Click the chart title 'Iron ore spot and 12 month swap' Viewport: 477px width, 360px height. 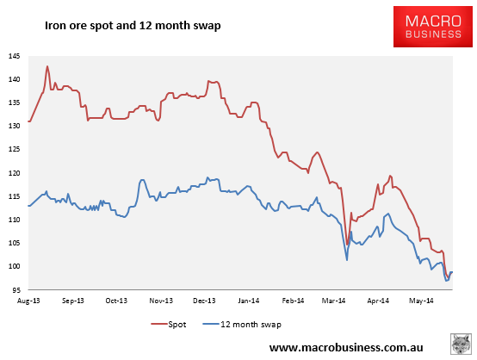pyautogui.click(x=133, y=26)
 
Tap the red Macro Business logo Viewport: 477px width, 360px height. pyautogui.click(x=432, y=27)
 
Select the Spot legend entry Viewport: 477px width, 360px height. pyautogui.click(x=169, y=325)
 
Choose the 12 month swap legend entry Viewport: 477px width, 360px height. pyautogui.click(x=242, y=325)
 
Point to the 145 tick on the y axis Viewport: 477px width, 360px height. pyautogui.click(x=14, y=56)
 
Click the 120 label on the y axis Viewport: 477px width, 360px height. pyautogui.click(x=14, y=173)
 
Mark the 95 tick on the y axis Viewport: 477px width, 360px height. pyautogui.click(x=16, y=290)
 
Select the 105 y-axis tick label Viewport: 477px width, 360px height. pyautogui.click(x=14, y=243)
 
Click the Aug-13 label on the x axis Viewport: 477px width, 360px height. pyautogui.click(x=28, y=301)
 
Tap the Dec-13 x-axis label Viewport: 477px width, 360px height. pyautogui.click(x=204, y=301)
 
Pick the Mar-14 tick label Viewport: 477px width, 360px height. pyautogui.click(x=334, y=301)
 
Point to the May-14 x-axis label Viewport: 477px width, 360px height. pyautogui.click(x=421, y=301)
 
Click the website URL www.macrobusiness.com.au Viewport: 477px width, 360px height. pyautogui.click(x=346, y=348)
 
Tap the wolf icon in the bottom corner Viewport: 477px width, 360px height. pyautogui.click(x=461, y=344)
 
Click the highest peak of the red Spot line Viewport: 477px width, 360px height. pyautogui.click(x=47, y=66)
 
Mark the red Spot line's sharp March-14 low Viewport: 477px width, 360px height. pyautogui.click(x=347, y=245)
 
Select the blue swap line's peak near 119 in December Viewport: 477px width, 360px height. pyautogui.click(x=208, y=177)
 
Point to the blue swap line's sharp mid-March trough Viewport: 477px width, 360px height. pyautogui.click(x=347, y=260)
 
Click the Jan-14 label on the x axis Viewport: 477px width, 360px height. pyautogui.click(x=249, y=301)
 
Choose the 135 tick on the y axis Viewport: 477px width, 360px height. pyautogui.click(x=14, y=102)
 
